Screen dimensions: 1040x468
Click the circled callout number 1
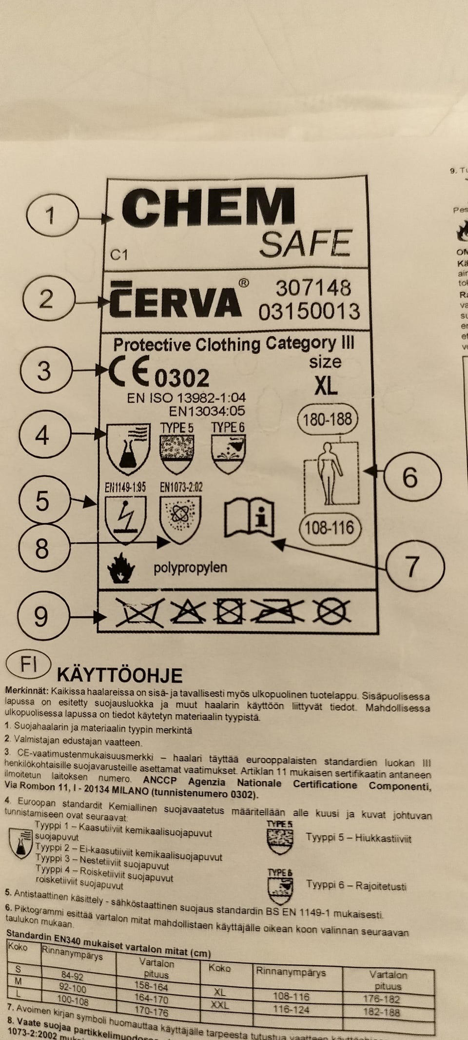tap(51, 215)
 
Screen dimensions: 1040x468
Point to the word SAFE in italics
tap(305, 244)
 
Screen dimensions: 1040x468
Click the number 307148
tap(313, 288)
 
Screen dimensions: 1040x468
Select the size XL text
tap(326, 385)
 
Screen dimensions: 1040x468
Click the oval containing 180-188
tap(328, 419)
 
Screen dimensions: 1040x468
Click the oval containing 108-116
tap(329, 528)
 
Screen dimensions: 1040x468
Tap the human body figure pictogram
tap(331, 473)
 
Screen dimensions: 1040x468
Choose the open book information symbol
tap(249, 518)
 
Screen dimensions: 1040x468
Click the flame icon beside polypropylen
tap(120, 568)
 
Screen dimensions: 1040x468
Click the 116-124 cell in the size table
tap(292, 1009)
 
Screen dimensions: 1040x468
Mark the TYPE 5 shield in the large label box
tap(177, 453)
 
